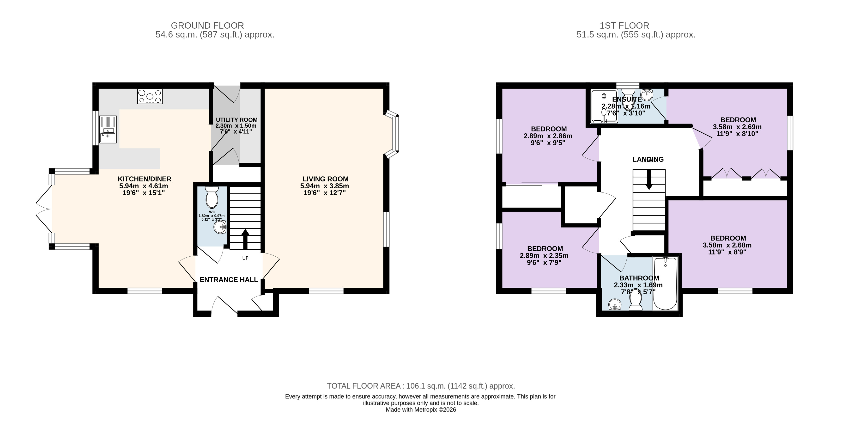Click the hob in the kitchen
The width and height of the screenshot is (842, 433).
[150, 97]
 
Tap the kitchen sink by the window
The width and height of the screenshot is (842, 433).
[108, 130]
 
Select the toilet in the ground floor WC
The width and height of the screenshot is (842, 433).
[212, 198]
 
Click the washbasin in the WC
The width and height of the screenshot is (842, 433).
[220, 227]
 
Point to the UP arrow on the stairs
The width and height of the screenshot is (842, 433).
[245, 239]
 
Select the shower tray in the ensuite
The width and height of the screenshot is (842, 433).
[604, 106]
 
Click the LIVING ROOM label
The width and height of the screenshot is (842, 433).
[325, 179]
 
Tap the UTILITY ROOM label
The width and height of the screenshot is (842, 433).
[237, 120]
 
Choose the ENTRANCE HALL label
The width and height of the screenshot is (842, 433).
[229, 280]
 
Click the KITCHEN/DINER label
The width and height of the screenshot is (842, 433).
[145, 179]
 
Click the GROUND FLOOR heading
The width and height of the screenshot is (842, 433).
[207, 25]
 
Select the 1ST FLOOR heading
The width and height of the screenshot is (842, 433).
[624, 25]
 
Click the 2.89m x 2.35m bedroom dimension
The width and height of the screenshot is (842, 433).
[544, 255]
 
